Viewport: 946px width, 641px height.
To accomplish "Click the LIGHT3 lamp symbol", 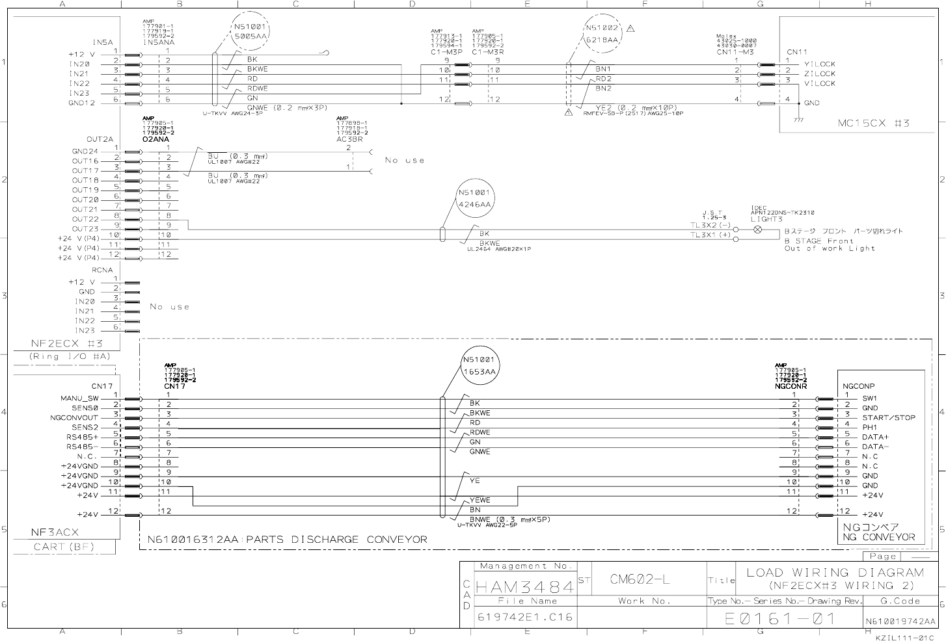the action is click(757, 230).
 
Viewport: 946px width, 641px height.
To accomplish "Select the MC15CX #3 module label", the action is click(873, 123).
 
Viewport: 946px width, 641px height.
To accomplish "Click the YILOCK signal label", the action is click(819, 64).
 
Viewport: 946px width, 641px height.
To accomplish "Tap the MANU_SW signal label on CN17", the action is click(80, 399).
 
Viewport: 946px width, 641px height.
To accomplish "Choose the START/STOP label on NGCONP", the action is click(888, 418).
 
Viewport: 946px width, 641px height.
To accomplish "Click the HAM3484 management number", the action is click(525, 587).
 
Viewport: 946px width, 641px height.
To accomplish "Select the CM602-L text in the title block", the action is click(640, 579).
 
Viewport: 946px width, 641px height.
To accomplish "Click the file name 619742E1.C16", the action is click(525, 617).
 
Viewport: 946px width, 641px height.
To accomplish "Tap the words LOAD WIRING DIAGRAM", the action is click(835, 573).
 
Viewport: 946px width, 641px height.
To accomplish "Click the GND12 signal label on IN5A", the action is click(82, 103).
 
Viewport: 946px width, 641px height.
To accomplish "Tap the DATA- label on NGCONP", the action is click(875, 447).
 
